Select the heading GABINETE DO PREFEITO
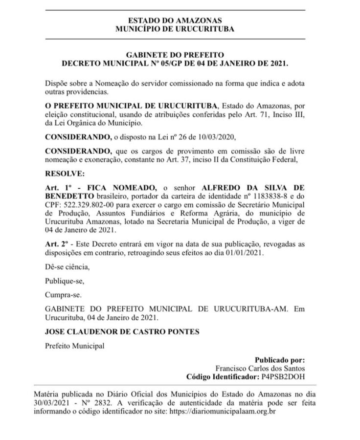(x=175, y=55)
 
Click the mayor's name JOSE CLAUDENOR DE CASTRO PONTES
(x=122, y=332)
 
